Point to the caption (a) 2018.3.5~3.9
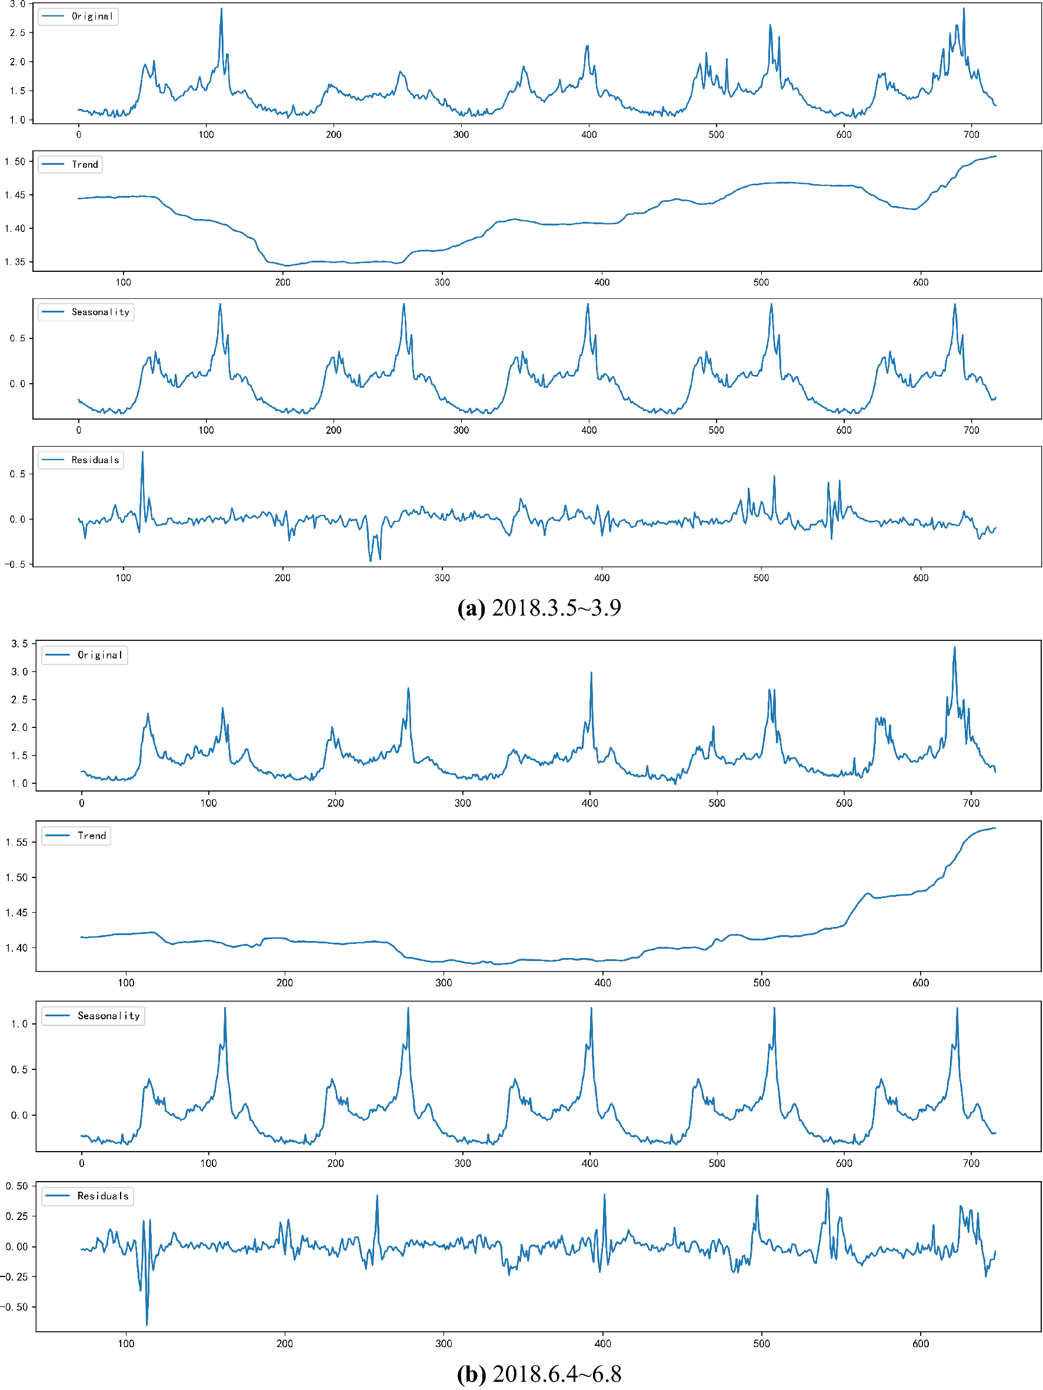tap(539, 608)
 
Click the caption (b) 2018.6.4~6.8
tap(539, 1374)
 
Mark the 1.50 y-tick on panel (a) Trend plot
tap(15, 161)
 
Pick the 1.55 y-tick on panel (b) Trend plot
tap(16, 842)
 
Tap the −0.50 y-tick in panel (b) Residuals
tap(14, 1307)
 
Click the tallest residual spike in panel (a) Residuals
tap(142, 453)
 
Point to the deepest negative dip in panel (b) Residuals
tap(147, 1324)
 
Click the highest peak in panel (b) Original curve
tap(954, 648)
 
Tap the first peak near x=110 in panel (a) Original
tap(221, 9)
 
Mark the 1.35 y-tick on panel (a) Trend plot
tap(15, 262)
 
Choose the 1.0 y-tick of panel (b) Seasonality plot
tap(19, 1025)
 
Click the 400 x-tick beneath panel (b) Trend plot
tap(602, 983)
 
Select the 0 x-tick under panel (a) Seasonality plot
tap(79, 430)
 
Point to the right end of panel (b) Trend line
tap(995, 828)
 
